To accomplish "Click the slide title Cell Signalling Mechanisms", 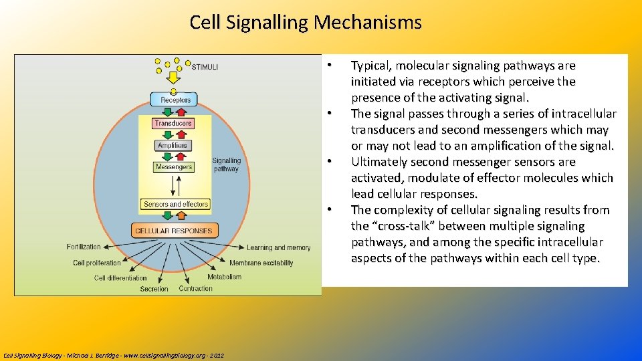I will coord(306,23).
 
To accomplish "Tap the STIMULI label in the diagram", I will coord(205,67).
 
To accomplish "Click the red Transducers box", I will coord(173,123).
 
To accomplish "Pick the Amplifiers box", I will coord(173,145).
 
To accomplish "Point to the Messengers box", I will coord(173,167).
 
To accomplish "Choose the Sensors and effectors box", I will coord(175,205).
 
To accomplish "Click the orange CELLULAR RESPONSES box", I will coord(173,231).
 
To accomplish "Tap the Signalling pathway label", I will coord(226,164).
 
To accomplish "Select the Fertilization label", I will coord(84,247).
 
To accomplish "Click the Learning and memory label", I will coord(278,248).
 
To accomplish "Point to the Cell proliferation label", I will coord(97,263).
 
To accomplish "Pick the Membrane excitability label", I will coord(261,263).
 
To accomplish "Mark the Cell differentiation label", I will coord(120,277).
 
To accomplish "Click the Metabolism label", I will coord(224,277).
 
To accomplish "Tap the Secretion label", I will coord(154,289).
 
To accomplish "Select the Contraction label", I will coord(195,289).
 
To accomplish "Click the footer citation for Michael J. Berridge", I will coord(114,355).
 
